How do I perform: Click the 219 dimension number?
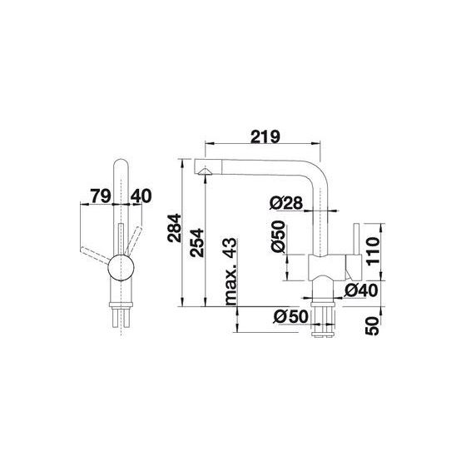point(265,136)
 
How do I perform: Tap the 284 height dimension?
point(174,228)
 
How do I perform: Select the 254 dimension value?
point(197,243)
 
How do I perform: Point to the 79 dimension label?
point(101,196)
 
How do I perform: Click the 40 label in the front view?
point(141,196)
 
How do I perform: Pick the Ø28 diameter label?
point(286,203)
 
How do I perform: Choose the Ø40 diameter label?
point(360,290)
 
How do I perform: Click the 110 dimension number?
point(374,251)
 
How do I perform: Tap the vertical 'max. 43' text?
point(231,271)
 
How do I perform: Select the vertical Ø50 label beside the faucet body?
point(279,236)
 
